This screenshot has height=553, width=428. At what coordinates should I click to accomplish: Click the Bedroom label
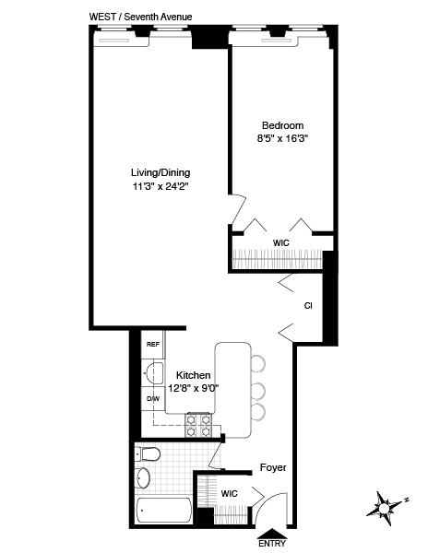click(282, 125)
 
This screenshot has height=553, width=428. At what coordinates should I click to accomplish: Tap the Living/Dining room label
click(165, 171)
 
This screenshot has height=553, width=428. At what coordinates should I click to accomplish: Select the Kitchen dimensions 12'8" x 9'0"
click(192, 388)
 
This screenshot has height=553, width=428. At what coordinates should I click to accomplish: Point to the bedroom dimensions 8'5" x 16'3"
click(282, 140)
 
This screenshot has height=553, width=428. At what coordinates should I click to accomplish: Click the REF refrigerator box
click(153, 345)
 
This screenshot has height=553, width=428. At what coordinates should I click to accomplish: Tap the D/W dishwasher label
click(153, 398)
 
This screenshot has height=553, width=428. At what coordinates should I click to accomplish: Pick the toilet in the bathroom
click(149, 453)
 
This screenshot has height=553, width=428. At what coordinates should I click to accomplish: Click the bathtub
click(162, 511)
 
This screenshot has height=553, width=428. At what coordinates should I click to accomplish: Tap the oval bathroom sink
click(143, 478)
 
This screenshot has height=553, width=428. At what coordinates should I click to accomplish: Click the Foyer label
click(272, 467)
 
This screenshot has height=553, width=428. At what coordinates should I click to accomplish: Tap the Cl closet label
click(307, 304)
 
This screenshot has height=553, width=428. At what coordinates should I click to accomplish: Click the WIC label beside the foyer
click(229, 494)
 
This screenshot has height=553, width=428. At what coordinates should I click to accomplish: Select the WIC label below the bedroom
click(281, 243)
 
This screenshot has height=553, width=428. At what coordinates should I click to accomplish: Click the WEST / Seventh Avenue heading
click(137, 16)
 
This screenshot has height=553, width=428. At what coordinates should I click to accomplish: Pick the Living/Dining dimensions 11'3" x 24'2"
click(165, 185)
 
